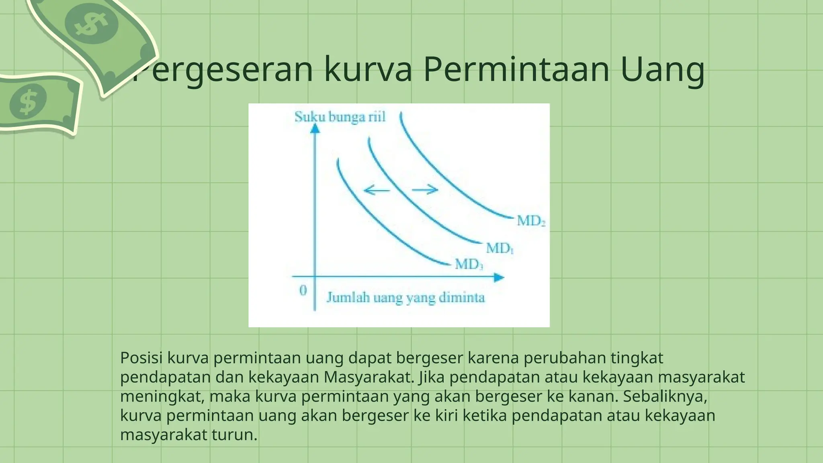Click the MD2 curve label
point(531,221)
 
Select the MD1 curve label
point(500,248)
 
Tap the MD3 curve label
point(469,264)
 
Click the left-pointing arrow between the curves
point(377,190)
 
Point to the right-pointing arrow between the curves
point(425,189)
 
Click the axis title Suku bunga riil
point(340,117)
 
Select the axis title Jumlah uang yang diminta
point(405,298)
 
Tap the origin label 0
point(303,290)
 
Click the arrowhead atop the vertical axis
point(315,129)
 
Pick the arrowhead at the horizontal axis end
point(499,277)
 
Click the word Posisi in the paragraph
point(141,358)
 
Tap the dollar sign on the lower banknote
point(28,102)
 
